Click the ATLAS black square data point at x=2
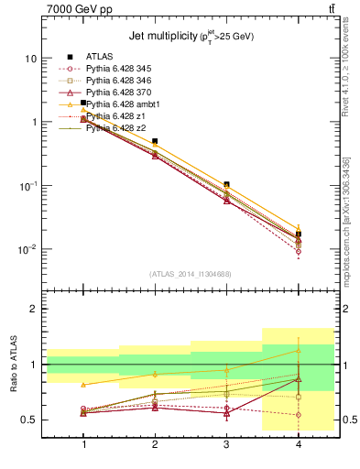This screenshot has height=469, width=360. click(155, 142)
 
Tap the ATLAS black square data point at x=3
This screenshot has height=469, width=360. click(226, 185)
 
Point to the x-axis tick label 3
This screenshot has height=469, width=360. click(226, 443)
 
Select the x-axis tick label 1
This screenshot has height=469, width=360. click(83, 443)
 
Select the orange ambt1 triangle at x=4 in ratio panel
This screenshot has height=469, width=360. click(298, 351)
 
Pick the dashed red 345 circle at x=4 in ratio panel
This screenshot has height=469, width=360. click(298, 415)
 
